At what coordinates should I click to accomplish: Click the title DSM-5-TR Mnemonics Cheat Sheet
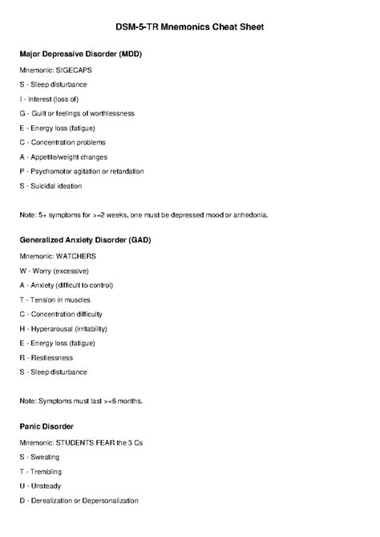(x=189, y=27)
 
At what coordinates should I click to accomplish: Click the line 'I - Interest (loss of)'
(x=54, y=99)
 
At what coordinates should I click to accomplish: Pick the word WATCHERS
(x=76, y=256)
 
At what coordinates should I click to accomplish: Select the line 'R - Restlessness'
(x=46, y=357)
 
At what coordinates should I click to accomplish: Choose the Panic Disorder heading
(x=52, y=426)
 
